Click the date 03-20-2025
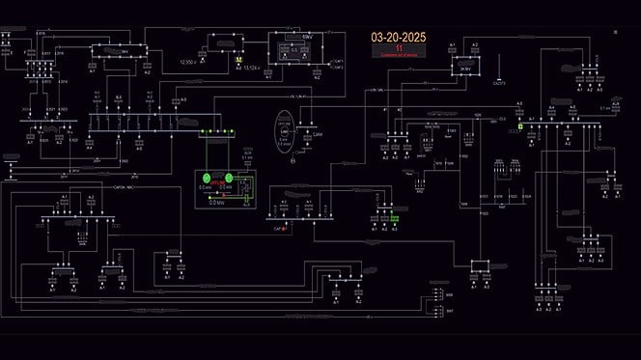point(398,37)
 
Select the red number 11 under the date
point(398,48)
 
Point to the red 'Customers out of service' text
point(398,56)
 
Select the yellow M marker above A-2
point(237,60)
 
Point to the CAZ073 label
point(498,84)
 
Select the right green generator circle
point(228,178)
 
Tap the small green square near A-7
point(519,125)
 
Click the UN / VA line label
point(375,90)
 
